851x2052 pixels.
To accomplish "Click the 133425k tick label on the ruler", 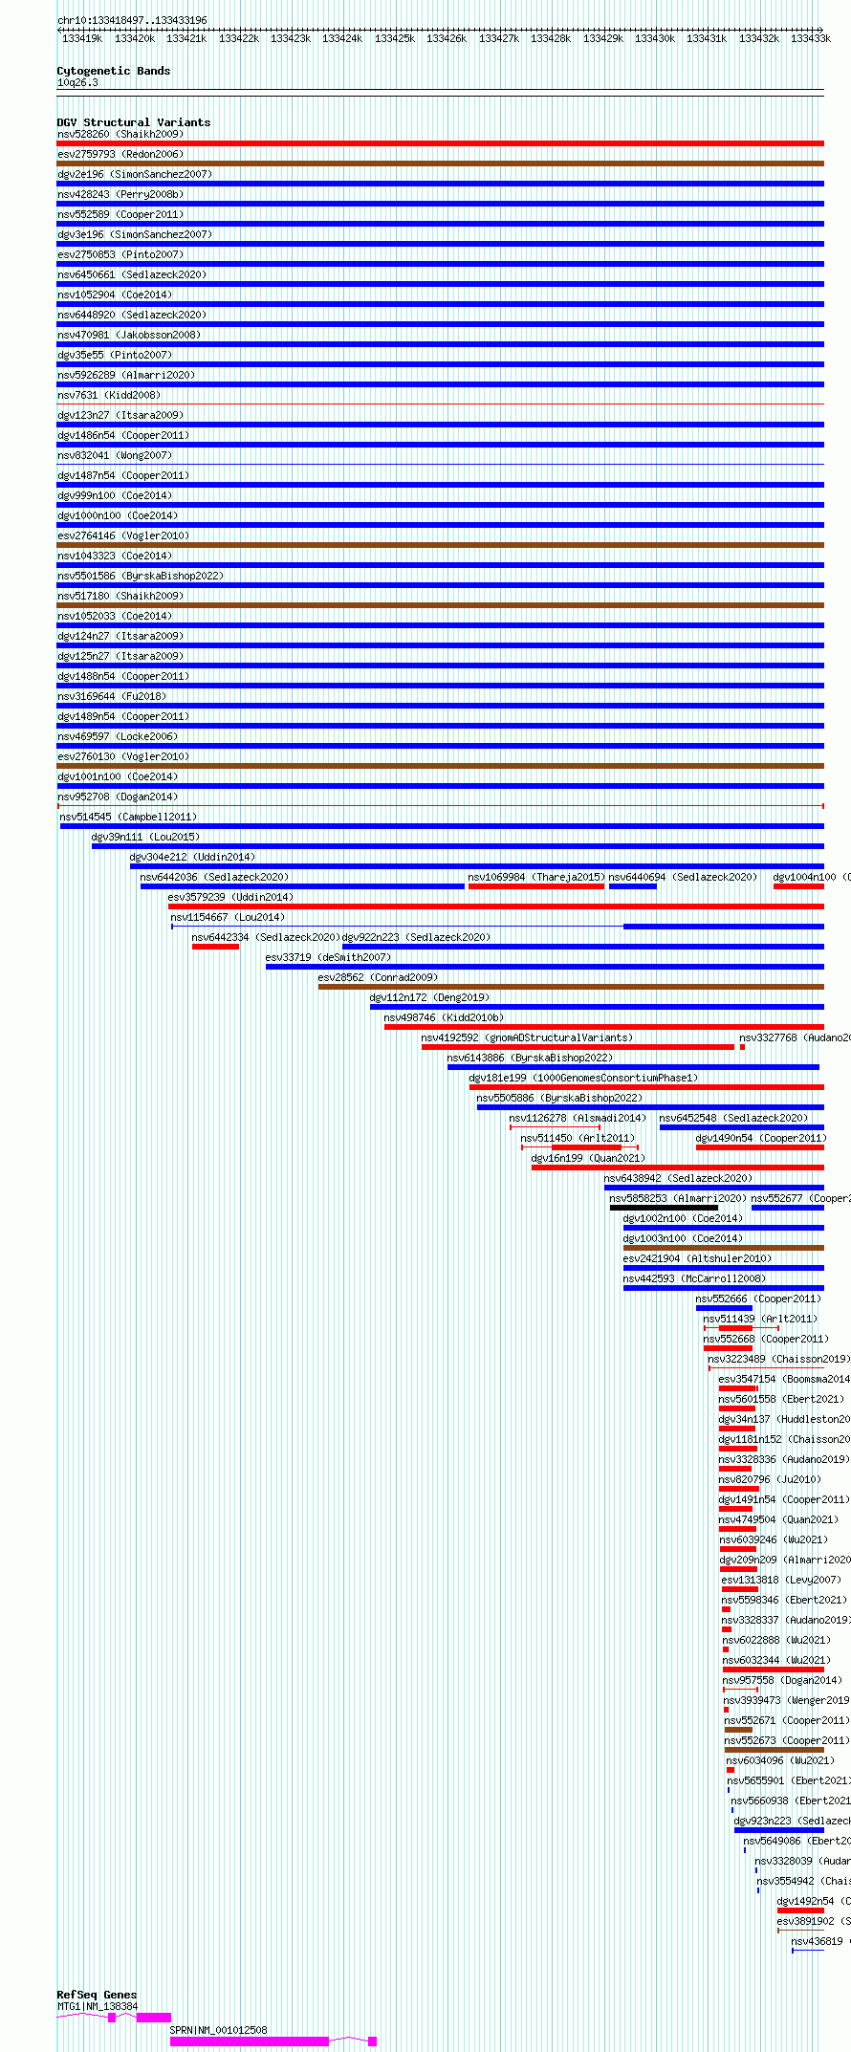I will (x=394, y=39).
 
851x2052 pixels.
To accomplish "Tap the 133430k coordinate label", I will (x=654, y=39).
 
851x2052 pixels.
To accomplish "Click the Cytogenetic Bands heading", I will (x=113, y=71).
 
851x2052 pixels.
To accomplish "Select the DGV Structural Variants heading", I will (x=133, y=122).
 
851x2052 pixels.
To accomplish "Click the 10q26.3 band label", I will (x=77, y=83).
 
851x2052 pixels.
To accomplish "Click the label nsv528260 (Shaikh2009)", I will (x=120, y=134).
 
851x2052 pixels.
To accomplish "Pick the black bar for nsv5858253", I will (x=664, y=1208).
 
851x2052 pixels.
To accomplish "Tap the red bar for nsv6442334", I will (x=215, y=947).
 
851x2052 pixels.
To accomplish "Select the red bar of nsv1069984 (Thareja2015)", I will (x=535, y=886).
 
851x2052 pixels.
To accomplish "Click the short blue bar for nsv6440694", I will (x=632, y=886).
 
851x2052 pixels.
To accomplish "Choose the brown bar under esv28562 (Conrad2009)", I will (x=570, y=987).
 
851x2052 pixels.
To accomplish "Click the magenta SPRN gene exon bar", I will (x=249, y=2041).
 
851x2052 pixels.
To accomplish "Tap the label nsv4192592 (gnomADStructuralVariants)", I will (x=527, y=1037).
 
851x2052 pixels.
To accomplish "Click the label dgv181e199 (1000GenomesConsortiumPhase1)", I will (x=583, y=1078).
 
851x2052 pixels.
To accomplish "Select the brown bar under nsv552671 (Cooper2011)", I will (x=738, y=1730).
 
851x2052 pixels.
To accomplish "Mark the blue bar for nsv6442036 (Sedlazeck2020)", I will (x=302, y=886).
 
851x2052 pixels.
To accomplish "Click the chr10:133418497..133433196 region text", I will (x=132, y=20).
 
